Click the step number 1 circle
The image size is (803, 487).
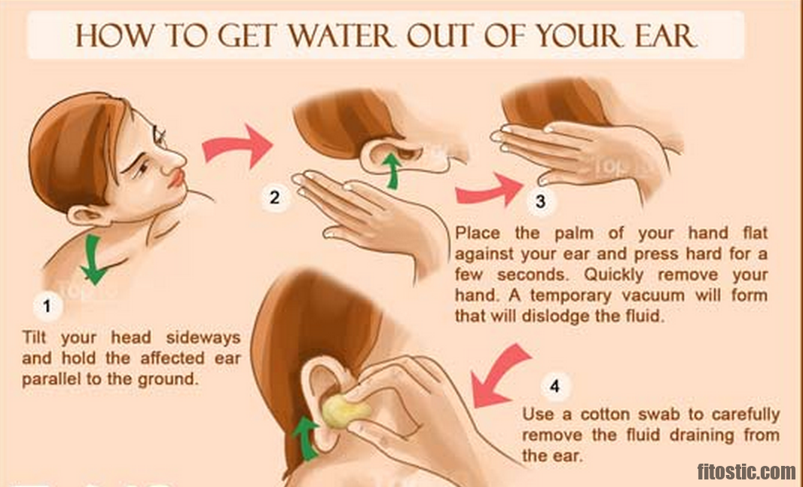pos(47,307)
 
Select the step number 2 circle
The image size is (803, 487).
pos(274,198)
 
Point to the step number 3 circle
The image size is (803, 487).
pos(541,201)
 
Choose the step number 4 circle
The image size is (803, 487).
pos(554,386)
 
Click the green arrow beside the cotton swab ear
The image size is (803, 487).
pos(307,437)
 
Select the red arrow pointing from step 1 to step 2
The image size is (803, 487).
pos(237,145)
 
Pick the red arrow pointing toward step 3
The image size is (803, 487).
pos(489,191)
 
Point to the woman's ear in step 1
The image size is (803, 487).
pos(88,216)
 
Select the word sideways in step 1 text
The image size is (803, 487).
pos(203,338)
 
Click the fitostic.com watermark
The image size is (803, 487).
pos(747,470)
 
